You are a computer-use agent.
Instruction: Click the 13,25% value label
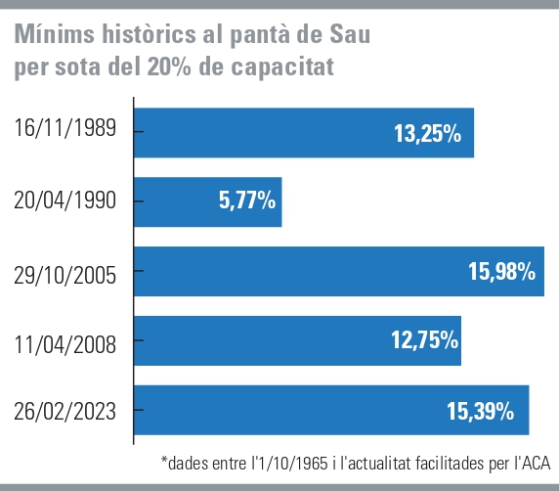[427, 134]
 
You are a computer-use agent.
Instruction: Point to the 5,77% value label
[242, 202]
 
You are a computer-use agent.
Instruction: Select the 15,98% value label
[501, 273]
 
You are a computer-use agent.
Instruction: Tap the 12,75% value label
[424, 341]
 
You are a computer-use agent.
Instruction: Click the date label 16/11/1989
[65, 128]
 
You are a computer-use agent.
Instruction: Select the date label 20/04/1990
[65, 201]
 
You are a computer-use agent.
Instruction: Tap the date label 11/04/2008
[65, 343]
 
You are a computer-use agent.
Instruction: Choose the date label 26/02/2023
[65, 412]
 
